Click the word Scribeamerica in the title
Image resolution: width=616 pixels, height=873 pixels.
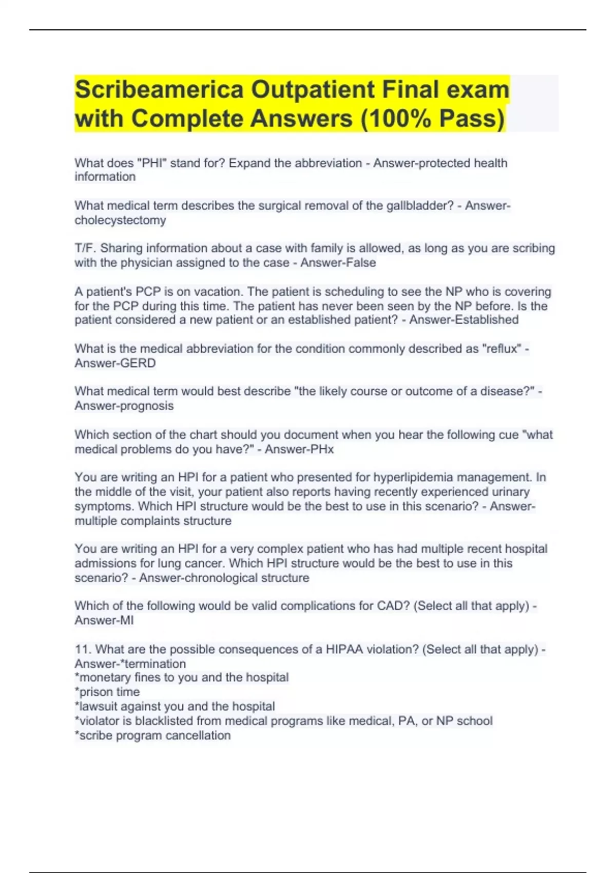tap(159, 90)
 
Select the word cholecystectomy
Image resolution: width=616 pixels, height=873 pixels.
tap(120, 220)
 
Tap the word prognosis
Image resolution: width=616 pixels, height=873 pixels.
tap(145, 406)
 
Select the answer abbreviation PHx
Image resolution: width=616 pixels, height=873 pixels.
tap(321, 450)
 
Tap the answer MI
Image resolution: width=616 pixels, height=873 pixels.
tap(126, 621)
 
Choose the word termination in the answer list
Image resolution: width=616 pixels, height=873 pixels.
tap(158, 664)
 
